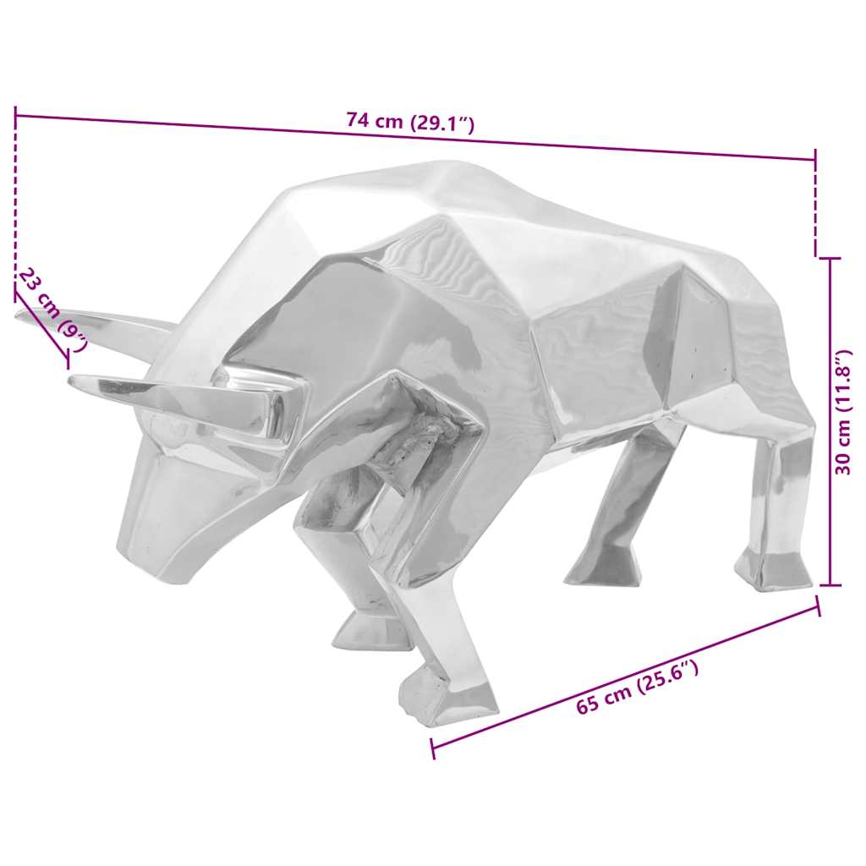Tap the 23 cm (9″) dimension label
pyautogui.click(x=53, y=310)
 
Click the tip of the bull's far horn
pyautogui.click(x=19, y=315)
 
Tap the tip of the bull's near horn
pyautogui.click(x=73, y=381)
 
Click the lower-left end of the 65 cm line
pyautogui.click(x=432, y=748)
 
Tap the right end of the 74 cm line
pyautogui.click(x=815, y=158)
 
